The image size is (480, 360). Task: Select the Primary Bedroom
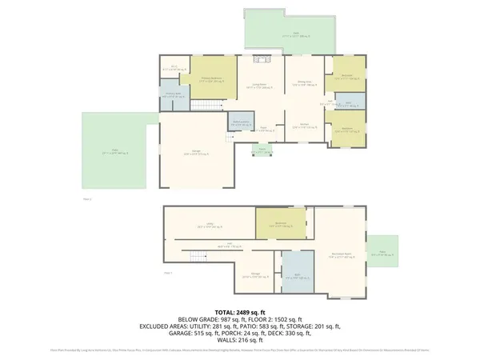215,78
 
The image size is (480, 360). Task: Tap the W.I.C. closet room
178,70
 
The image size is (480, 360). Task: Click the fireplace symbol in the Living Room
262,58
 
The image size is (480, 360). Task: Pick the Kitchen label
304,126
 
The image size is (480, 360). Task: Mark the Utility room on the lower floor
210,226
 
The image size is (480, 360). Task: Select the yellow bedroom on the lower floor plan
281,224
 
